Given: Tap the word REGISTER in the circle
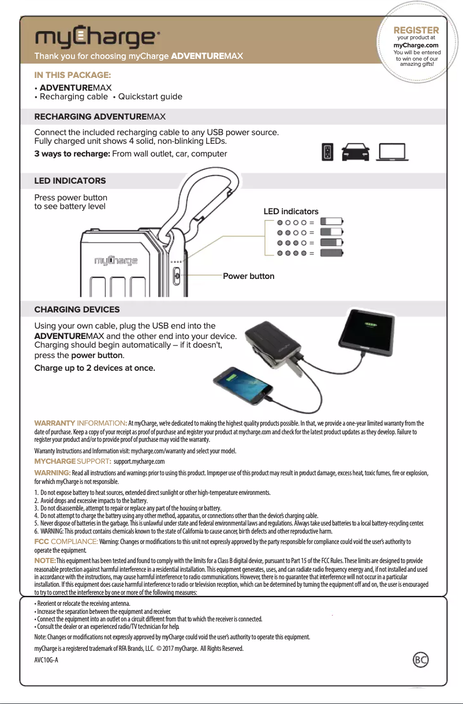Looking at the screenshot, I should click(416, 30).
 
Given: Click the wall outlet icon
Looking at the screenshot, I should click(327, 152).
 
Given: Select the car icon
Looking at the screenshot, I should click(356, 152).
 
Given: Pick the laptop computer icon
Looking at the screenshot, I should click(392, 152).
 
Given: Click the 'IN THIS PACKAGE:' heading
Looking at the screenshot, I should click(73, 75).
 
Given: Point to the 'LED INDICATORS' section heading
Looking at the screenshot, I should click(70, 181).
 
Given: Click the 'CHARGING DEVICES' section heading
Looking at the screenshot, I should click(77, 310).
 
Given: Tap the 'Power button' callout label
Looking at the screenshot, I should click(248, 276).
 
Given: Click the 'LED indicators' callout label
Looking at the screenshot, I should click(290, 212).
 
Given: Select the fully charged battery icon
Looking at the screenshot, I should click(331, 253).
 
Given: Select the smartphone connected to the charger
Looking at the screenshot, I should click(243, 389).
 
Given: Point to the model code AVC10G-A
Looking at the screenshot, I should click(46, 660).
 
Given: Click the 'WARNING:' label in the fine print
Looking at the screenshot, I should click(53, 473).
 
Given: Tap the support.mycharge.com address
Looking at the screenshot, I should click(139, 461).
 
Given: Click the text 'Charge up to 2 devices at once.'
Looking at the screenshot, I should click(95, 368).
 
